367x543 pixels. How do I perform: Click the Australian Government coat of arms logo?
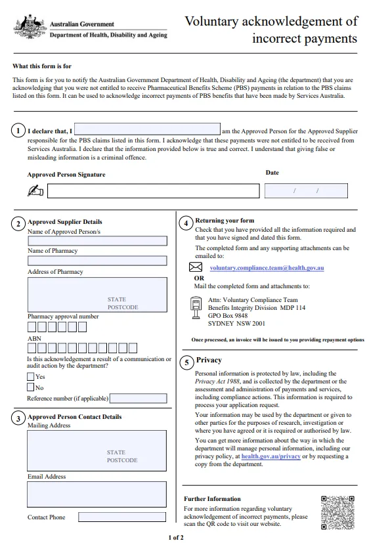[x=30, y=27]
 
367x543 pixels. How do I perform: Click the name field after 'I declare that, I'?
[x=147, y=129]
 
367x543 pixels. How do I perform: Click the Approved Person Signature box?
[x=154, y=191]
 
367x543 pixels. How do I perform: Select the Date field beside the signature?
[x=306, y=190]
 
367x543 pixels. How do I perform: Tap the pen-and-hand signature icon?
[x=35, y=190]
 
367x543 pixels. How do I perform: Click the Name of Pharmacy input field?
[x=97, y=261]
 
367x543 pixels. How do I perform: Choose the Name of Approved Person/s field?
[x=97, y=241]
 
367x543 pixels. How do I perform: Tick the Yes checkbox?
[x=31, y=376]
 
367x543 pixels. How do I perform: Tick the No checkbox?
[x=31, y=387]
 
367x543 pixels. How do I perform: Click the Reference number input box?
[x=138, y=399]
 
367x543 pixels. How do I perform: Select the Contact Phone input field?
[x=122, y=517]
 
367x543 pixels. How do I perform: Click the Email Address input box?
[x=97, y=494]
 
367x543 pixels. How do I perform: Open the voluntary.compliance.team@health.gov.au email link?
[x=267, y=268]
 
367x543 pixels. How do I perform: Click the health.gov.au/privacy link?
[x=270, y=456]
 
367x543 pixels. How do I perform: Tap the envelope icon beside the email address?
[x=196, y=267]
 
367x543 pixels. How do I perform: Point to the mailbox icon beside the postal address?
[x=196, y=307]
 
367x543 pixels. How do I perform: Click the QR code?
[x=337, y=513]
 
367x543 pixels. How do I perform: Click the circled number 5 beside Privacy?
[x=186, y=362]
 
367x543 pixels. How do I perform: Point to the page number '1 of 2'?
[x=176, y=538]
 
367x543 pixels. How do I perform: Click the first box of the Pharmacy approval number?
[x=32, y=327]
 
